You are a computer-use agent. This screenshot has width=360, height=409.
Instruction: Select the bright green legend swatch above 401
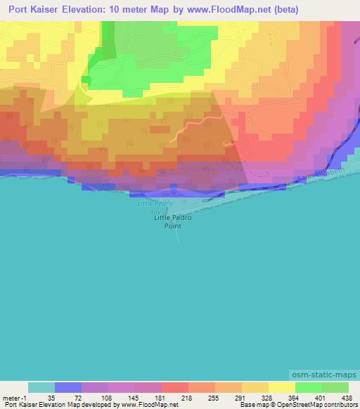pyautogui.click(x=309, y=387)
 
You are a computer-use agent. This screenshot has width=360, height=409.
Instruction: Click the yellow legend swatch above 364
pyautogui.click(x=282, y=387)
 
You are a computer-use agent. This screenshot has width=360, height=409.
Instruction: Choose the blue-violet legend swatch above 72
pyautogui.click(x=68, y=387)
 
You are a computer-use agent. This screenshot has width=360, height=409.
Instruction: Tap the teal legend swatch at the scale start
pyautogui.click(x=41, y=387)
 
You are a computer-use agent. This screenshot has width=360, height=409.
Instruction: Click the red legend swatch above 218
pyautogui.click(x=175, y=387)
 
